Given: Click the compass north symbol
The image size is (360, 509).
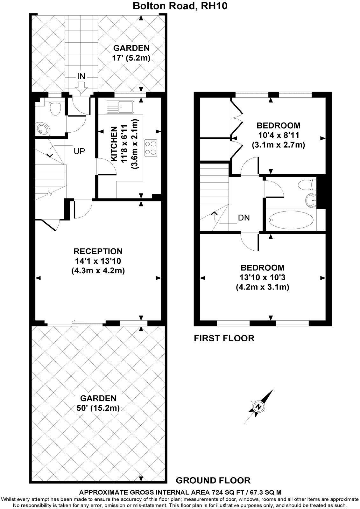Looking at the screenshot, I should coord(259,407).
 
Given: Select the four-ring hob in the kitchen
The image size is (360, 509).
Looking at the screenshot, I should coord(151,148).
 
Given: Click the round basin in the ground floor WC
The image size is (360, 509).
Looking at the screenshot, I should coord(43,129).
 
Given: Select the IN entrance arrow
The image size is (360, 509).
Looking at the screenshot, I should coord(81,87).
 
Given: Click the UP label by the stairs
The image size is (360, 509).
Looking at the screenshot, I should coord(79,151).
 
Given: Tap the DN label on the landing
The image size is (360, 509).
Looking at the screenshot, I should coord(244,218).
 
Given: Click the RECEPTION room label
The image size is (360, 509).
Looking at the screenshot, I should coord(98,251).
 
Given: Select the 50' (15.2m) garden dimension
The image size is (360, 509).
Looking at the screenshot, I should coord(98,408).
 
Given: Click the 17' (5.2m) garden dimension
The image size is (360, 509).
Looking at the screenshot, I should coord(131,58).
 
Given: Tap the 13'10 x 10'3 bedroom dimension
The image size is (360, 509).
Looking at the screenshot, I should coord(262,277).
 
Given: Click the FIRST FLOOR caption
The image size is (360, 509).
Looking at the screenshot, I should coord(224,338).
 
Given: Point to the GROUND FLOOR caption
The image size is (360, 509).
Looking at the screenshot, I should coord(213,480).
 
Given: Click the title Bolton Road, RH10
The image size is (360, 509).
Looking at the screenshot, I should coord(180,6).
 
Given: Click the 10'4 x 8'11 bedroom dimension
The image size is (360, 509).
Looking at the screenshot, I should coord(279,135).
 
